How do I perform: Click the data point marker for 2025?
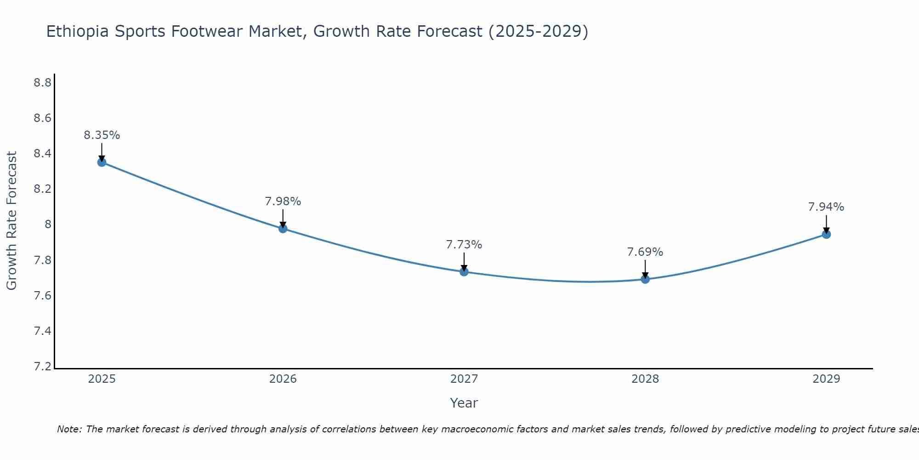pyautogui.click(x=102, y=162)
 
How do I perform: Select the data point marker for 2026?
pyautogui.click(x=283, y=229)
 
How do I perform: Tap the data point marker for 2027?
pyautogui.click(x=464, y=272)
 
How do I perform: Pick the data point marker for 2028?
pyautogui.click(x=645, y=279)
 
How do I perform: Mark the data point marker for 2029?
pyautogui.click(x=826, y=235)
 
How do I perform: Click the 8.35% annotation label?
pyautogui.click(x=102, y=135)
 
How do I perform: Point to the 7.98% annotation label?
pyautogui.click(x=283, y=201)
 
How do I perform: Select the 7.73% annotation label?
pyautogui.click(x=464, y=245)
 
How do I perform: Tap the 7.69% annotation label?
pyautogui.click(x=645, y=252)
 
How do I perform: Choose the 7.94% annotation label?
pyautogui.click(x=826, y=207)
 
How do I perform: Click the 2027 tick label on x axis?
pyautogui.click(x=464, y=379)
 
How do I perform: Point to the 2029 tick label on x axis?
pyautogui.click(x=826, y=379)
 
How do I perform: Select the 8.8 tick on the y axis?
pyautogui.click(x=42, y=83)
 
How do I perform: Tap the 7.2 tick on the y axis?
pyautogui.click(x=42, y=367)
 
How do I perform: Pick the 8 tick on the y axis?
pyautogui.click(x=48, y=224)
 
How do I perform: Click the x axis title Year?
pyautogui.click(x=464, y=403)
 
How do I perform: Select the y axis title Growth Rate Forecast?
pyautogui.click(x=11, y=221)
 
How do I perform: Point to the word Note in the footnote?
pyautogui.click(x=68, y=429)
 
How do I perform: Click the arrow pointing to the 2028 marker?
pyautogui.click(x=645, y=270)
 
